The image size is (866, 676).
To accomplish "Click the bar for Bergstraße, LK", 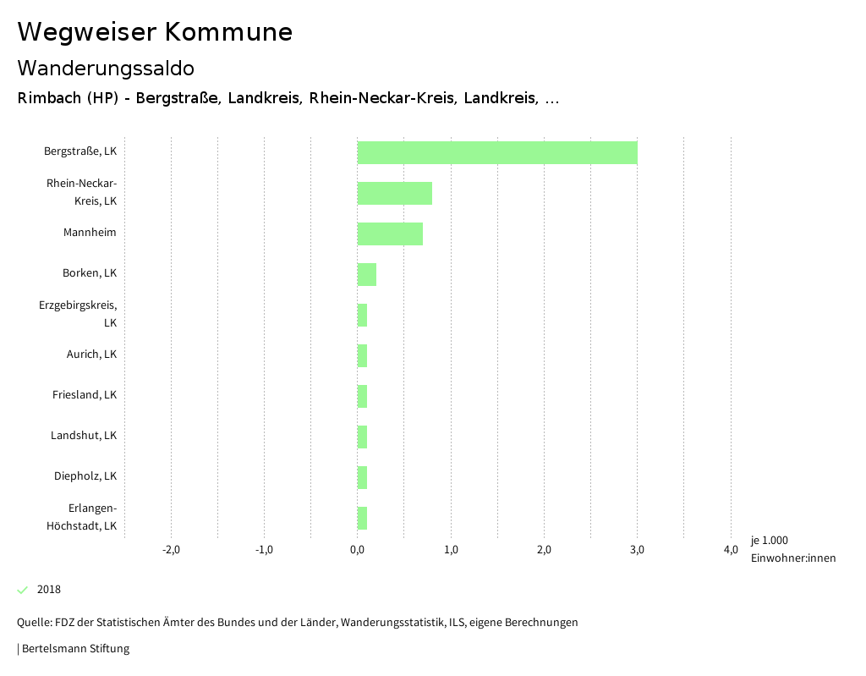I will [x=497, y=152].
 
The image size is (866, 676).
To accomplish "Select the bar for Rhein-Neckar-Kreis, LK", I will [x=395, y=193].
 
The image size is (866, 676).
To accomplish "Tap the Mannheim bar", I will [x=390, y=234].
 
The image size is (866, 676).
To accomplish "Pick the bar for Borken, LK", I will [x=367, y=274].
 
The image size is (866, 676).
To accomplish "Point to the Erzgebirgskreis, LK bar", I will [x=362, y=315].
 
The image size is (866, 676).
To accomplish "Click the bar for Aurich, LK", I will [x=362, y=355].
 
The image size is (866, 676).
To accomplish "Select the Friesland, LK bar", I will [x=362, y=396].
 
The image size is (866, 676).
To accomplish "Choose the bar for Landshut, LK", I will [x=362, y=437].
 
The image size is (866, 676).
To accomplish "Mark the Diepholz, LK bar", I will [x=362, y=477].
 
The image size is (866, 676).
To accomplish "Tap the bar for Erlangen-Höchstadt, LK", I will [x=362, y=518].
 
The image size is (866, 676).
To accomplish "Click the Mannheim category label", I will [x=90, y=233].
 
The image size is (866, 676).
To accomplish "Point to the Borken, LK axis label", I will [x=89, y=273].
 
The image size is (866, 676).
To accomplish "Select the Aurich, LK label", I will [x=91, y=354].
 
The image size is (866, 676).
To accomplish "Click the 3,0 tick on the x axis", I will [x=638, y=550].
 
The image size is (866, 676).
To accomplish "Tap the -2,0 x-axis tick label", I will [x=171, y=550].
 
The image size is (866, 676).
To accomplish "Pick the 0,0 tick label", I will [x=358, y=550].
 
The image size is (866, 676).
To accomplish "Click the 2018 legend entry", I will [x=48, y=590].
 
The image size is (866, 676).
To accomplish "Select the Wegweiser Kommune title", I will [x=155, y=32].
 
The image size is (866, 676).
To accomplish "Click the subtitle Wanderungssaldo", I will [x=106, y=68].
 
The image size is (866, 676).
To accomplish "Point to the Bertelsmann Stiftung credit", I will [x=74, y=649].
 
